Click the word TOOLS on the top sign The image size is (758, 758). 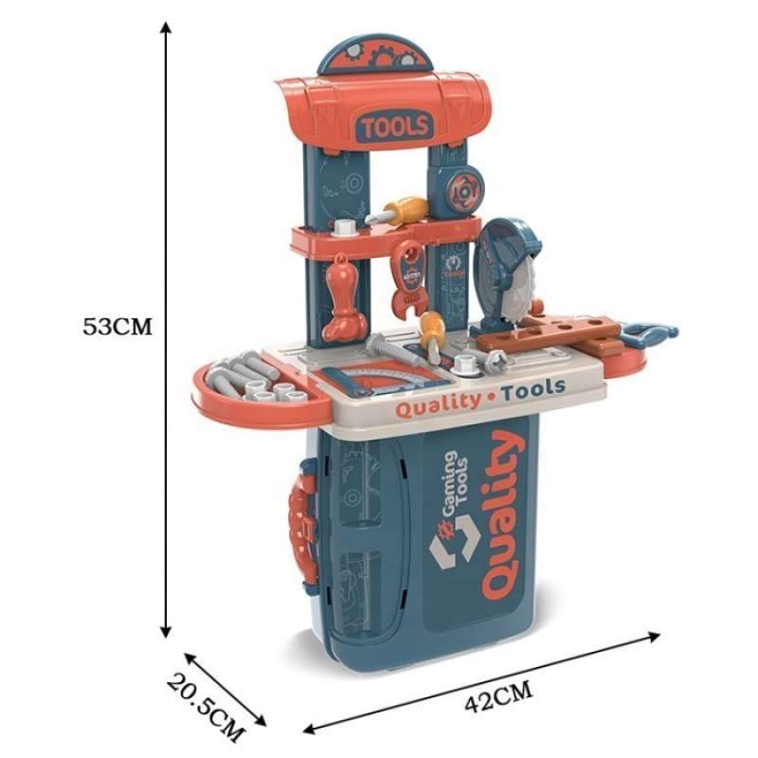(394, 124)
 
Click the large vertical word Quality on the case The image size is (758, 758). (501, 515)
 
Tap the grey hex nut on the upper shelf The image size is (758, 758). (344, 228)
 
